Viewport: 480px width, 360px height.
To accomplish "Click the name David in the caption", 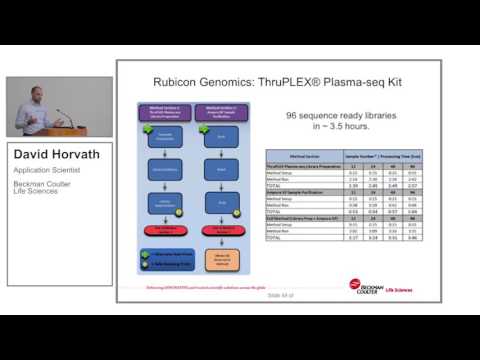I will pos(36,154).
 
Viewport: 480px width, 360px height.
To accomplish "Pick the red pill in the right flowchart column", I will pos(225,227).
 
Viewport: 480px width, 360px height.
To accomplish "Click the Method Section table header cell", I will pos(304,156).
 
